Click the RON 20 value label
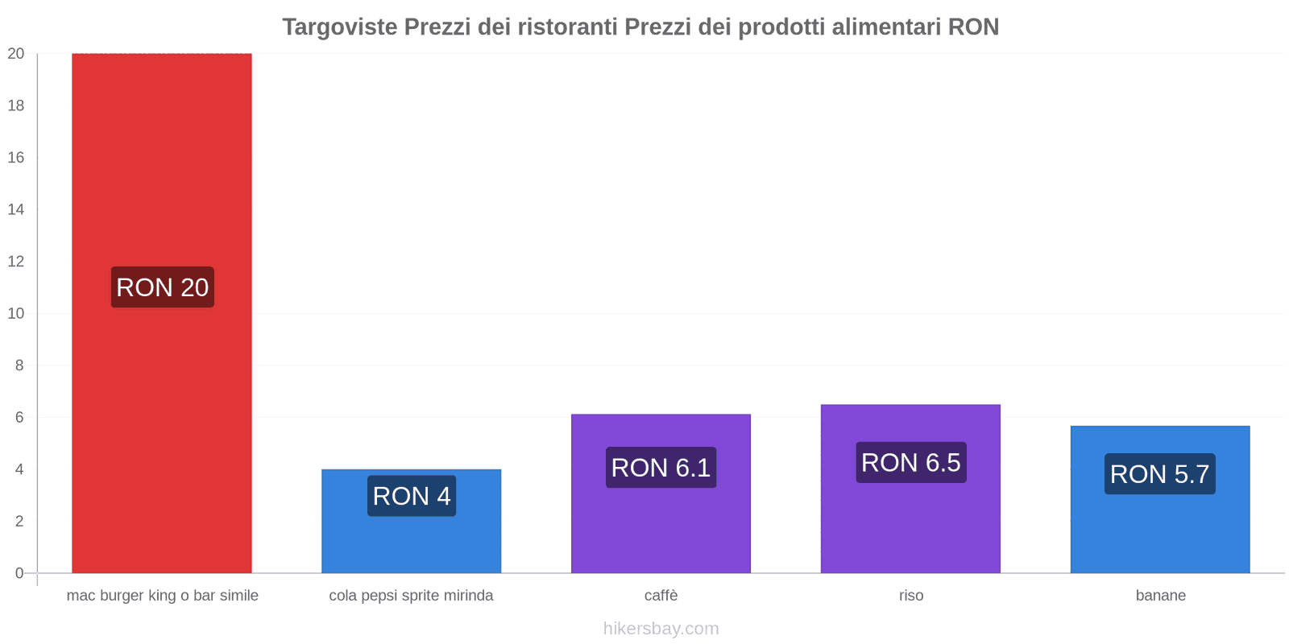(162, 287)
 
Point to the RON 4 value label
(411, 496)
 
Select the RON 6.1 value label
(661, 468)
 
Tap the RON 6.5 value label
(910, 463)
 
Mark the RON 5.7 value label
(1159, 474)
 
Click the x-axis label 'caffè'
(661, 596)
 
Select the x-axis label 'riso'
(911, 596)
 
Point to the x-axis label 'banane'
(1160, 596)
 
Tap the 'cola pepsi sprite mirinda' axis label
(411, 596)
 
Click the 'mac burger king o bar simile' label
(162, 596)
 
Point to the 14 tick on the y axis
(16, 209)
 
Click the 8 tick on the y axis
(19, 365)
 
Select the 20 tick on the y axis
(16, 54)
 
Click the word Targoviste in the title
(339, 27)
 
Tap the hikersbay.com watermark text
(661, 629)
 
